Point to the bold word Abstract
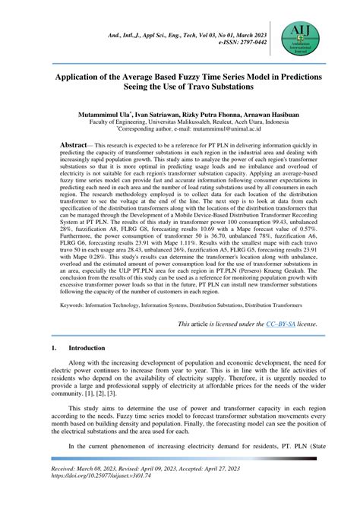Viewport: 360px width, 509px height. coord(76,144)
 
